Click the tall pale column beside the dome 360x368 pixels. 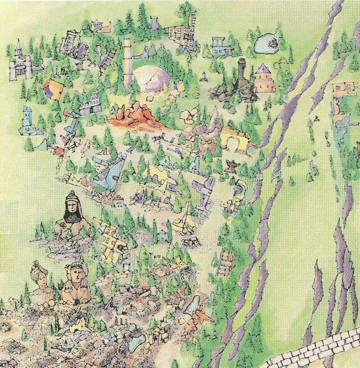click(128, 63)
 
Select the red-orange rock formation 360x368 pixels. click(132, 116)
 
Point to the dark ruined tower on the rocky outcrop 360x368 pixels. click(241, 74)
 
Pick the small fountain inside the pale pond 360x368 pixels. click(271, 43)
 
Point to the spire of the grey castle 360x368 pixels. click(18, 44)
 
